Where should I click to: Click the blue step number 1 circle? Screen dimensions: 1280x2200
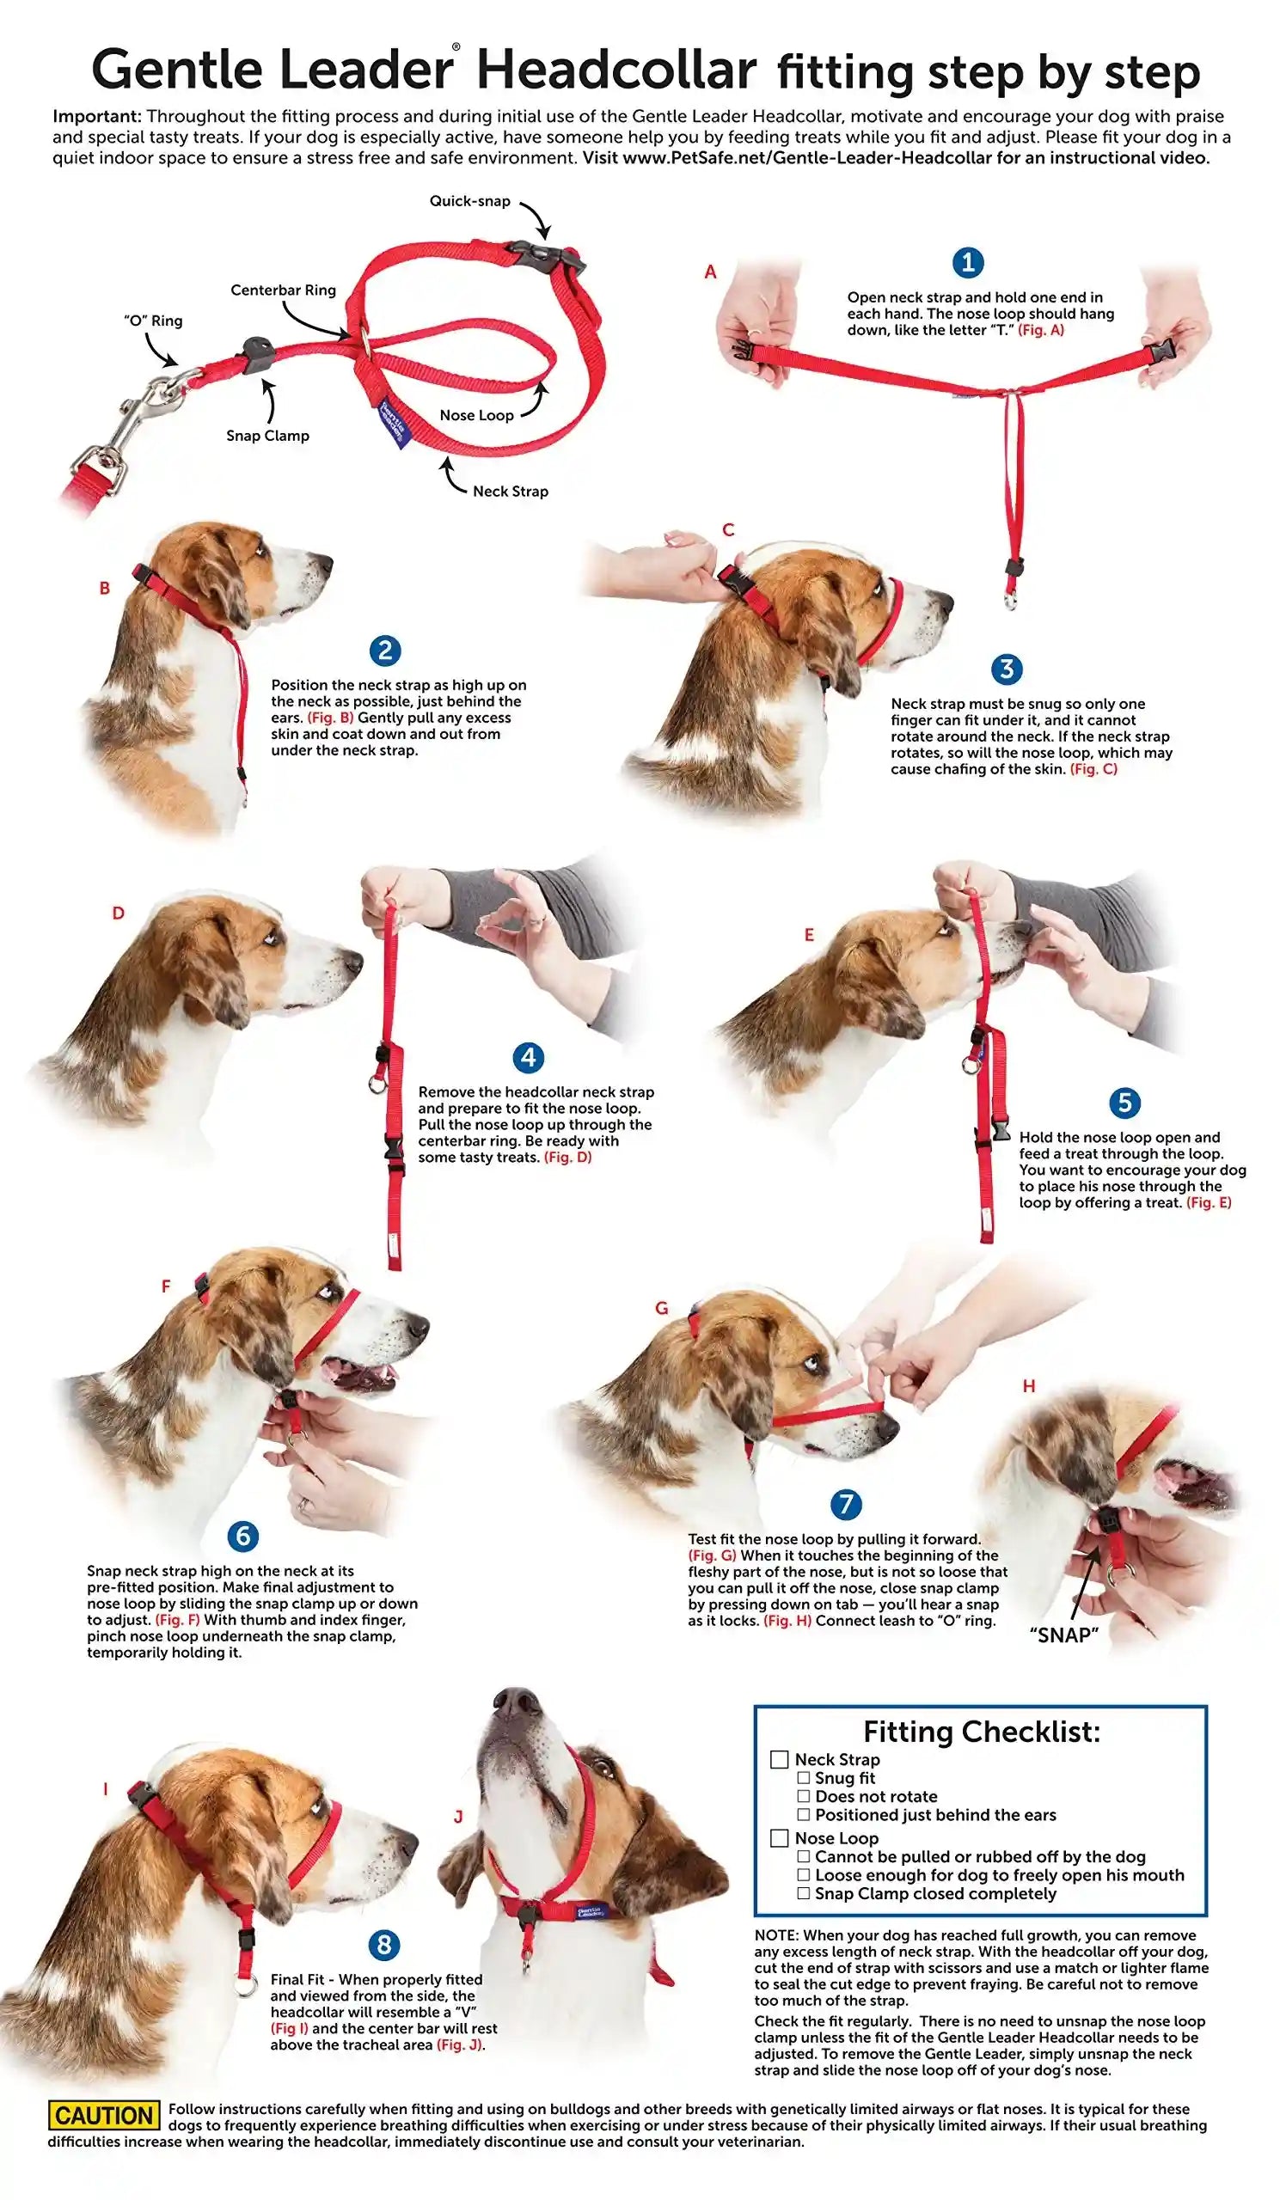966,262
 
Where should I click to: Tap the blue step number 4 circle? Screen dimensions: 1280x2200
528,1058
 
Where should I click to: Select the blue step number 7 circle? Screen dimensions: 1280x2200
845,1504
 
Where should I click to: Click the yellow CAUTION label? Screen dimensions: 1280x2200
104,2115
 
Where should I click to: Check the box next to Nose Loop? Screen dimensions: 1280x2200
779,1837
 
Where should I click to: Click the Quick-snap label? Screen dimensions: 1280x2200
469,201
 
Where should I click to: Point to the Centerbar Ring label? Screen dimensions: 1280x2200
283,290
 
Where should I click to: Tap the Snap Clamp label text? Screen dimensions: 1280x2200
267,436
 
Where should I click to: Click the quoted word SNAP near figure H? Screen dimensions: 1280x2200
1063,1635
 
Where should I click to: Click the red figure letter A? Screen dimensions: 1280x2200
710,272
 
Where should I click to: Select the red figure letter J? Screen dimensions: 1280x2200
457,1817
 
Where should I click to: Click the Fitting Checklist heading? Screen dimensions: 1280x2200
982,1731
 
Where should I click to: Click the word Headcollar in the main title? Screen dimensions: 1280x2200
616,70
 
